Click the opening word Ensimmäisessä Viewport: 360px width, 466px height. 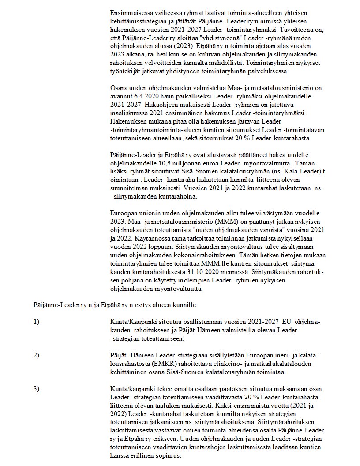point(131,12)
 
